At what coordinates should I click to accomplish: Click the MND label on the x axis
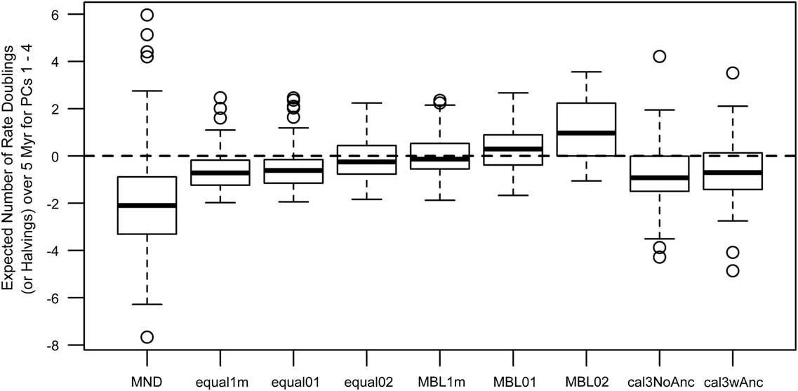tap(146, 382)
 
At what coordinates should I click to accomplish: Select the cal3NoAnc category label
tap(659, 382)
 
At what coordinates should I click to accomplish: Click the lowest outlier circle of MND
tap(146, 337)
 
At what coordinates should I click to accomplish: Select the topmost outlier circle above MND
tap(146, 15)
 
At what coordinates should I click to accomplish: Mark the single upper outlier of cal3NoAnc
tap(659, 56)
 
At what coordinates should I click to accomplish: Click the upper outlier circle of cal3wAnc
tap(732, 73)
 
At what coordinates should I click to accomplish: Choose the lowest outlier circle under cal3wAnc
tap(732, 271)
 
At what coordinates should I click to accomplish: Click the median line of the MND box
tap(146, 205)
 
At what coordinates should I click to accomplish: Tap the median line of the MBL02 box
tap(586, 133)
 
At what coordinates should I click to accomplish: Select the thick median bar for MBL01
tap(513, 149)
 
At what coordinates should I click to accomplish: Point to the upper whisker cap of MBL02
tap(586, 72)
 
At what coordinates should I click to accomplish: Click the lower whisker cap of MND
tap(146, 304)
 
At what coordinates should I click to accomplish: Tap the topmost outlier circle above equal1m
tap(220, 98)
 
